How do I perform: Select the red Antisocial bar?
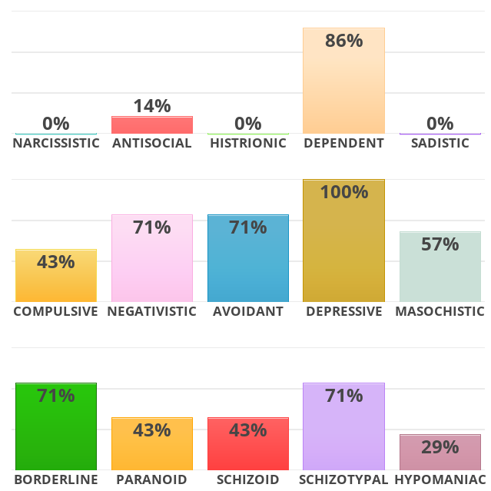(x=151, y=125)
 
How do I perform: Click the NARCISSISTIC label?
(x=56, y=143)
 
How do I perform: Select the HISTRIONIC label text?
(x=247, y=143)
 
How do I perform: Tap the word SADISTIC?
(x=440, y=143)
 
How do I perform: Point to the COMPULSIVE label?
(x=56, y=311)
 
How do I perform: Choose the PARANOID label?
(x=151, y=479)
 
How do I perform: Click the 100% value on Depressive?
(x=343, y=192)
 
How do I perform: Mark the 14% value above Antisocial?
(x=151, y=106)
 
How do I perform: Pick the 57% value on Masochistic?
(x=440, y=244)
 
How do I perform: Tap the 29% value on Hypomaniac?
(x=440, y=446)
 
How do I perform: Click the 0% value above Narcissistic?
(x=56, y=123)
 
